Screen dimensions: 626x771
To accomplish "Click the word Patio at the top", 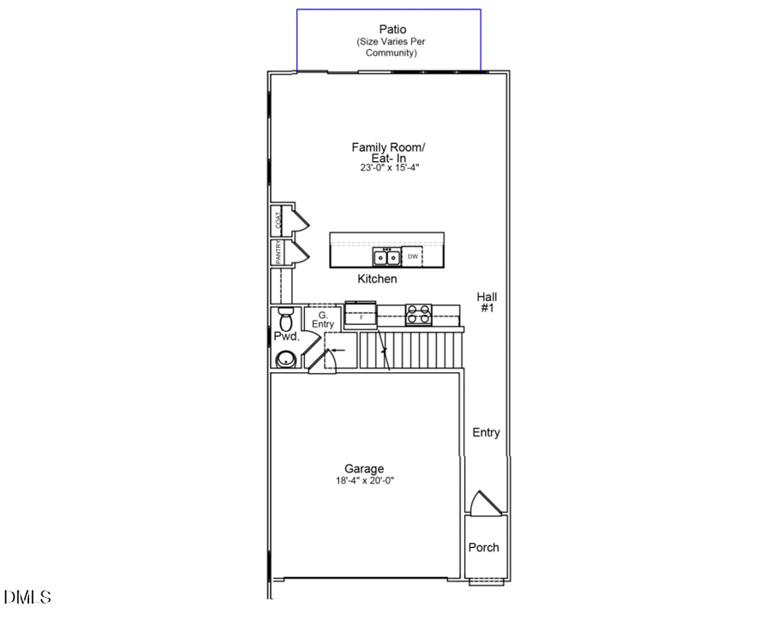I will (387, 29).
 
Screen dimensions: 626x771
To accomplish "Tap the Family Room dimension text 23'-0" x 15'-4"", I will (389, 169).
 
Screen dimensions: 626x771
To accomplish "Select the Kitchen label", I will (377, 280).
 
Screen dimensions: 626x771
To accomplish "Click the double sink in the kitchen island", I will (385, 256).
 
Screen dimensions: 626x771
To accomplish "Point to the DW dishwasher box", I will (413, 256).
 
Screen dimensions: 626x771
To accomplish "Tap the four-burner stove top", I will (418, 315).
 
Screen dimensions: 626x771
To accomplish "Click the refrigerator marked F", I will (362, 316).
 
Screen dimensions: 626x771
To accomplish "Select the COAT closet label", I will (278, 220).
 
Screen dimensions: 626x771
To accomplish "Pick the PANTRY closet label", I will (278, 252).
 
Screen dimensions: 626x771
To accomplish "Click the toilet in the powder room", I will (285, 319).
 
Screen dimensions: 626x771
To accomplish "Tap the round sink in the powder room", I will (286, 358).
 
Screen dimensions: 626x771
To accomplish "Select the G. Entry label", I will (323, 319).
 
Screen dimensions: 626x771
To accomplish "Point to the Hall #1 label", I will (487, 302).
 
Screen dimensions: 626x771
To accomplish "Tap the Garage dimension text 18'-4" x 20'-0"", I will (365, 481).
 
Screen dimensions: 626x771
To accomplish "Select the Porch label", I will (483, 547).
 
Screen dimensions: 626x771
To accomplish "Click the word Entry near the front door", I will (486, 433).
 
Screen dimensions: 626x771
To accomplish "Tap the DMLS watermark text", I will (27, 597).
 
